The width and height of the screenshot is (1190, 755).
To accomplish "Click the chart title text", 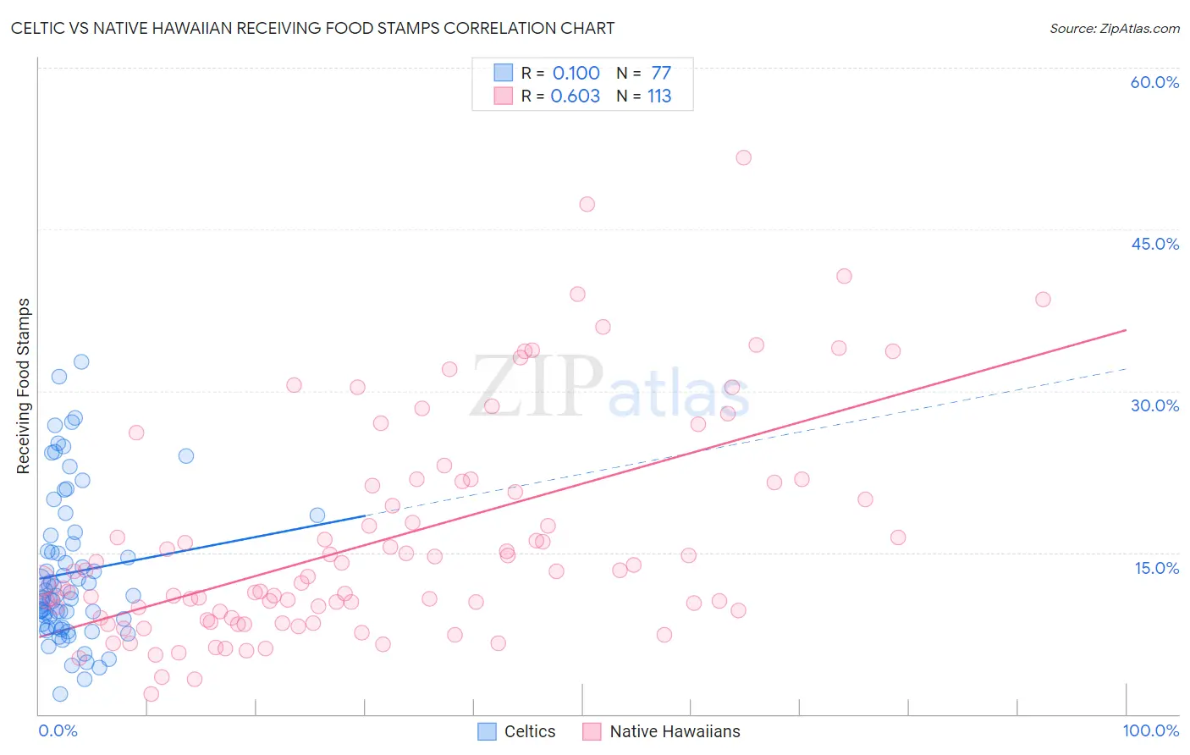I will tap(312, 28).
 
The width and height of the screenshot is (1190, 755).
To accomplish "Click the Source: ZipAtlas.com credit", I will tap(1114, 28).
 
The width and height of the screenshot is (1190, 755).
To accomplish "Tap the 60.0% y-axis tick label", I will tap(1154, 82).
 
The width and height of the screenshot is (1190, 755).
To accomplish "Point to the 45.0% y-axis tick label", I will tap(1154, 244).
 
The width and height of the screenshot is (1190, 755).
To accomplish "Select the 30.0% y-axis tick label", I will tap(1154, 405).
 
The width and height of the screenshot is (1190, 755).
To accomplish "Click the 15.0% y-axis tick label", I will tap(1156, 567).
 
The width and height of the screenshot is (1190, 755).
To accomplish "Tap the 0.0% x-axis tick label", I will tap(58, 730).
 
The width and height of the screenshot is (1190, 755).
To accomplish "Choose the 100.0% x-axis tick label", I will tap(1150, 730).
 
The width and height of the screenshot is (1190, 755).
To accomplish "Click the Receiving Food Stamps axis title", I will tap(23, 386).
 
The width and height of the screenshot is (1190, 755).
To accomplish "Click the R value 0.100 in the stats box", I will tap(576, 73).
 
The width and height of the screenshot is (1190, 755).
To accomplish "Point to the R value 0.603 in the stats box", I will tap(575, 96).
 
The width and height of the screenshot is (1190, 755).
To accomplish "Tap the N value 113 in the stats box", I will tap(659, 96).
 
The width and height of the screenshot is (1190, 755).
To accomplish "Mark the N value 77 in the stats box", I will tap(661, 73).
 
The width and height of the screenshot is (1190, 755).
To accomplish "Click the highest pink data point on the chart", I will tap(743, 157).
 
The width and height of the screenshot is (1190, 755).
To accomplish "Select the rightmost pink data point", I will tap(1043, 300).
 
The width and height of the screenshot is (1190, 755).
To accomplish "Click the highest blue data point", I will tap(81, 361).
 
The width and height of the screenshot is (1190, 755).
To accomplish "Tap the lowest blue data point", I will tap(60, 694).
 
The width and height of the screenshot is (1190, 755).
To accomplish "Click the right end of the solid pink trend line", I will tap(1127, 329).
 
